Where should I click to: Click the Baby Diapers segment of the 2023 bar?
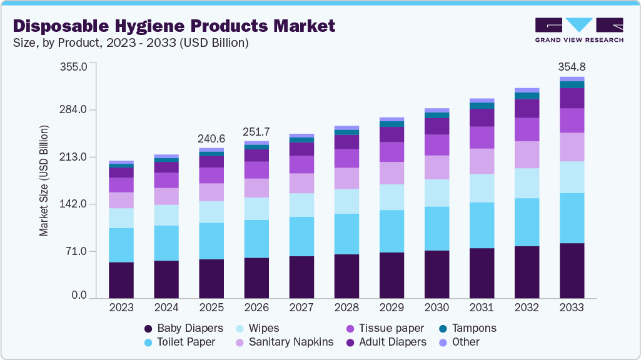[121, 280]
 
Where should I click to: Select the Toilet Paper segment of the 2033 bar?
[572, 217]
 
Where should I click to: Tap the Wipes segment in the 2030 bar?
[437, 192]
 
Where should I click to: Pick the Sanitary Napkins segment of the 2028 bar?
[346, 178]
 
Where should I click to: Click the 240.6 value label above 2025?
[211, 139]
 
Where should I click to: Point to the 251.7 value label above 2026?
[256, 132]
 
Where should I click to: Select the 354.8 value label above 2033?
[572, 67]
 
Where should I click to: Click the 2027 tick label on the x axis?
[301, 307]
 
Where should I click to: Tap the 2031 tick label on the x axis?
[482, 307]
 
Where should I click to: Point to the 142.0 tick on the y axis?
[74, 204]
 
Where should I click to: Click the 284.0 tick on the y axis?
[74, 110]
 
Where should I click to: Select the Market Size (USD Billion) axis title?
[44, 181]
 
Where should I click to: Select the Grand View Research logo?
[579, 30]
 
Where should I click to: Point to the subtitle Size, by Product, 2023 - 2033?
[131, 43]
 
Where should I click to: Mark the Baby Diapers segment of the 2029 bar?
[391, 275]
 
